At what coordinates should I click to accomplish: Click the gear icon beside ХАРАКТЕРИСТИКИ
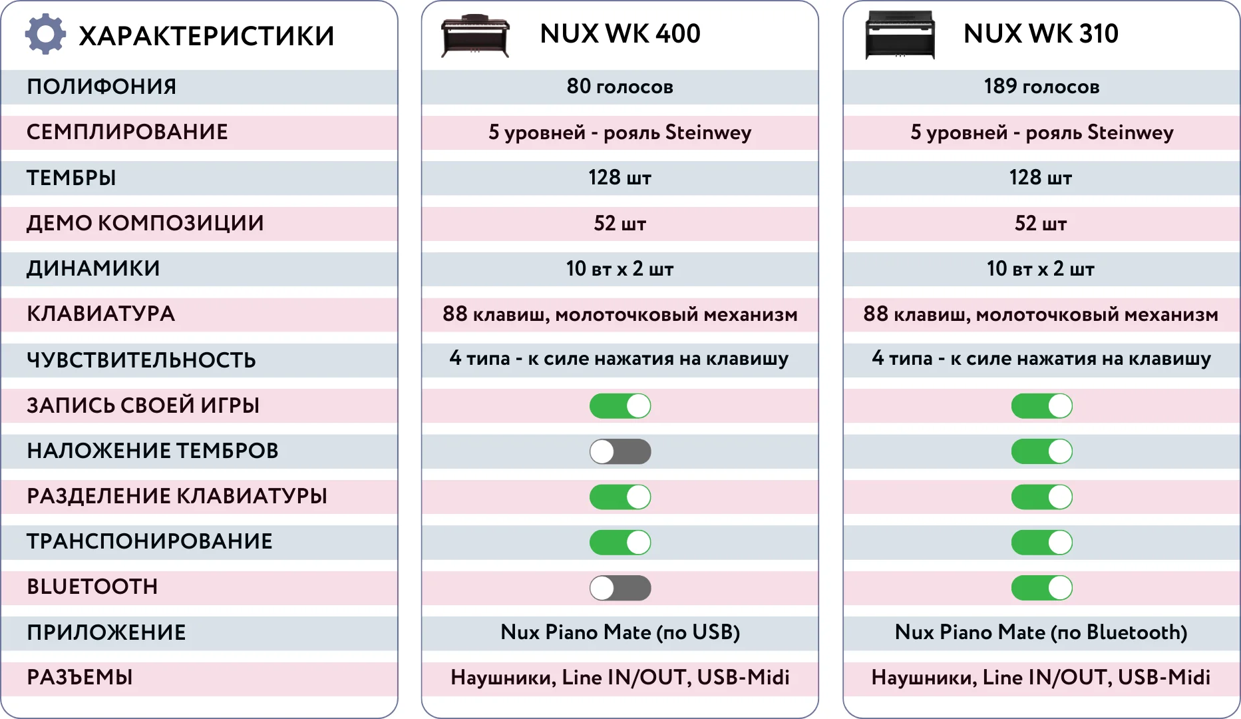45,34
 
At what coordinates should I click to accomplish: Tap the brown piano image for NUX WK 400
475,36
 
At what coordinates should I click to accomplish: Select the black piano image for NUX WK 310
900,35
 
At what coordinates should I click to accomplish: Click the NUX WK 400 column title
620,33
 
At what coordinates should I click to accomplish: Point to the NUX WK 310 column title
1041,33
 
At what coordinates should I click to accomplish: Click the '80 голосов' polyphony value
620,87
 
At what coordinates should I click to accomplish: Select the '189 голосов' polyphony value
1041,87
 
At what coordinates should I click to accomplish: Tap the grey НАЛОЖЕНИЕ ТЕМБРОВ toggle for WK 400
620,451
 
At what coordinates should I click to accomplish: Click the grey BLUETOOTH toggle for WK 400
620,588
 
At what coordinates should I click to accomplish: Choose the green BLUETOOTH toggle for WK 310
1041,588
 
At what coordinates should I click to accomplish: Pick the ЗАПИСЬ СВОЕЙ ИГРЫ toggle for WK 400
620,406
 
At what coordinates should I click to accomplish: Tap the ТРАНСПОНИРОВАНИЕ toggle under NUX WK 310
1041,543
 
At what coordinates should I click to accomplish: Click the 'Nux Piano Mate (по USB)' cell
620,632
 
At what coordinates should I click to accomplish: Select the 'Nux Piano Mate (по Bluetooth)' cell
1041,632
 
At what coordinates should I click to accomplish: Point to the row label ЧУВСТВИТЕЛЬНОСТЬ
141,360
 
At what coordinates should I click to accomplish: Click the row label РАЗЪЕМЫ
80,678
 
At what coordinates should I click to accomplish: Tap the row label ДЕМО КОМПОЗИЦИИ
145,223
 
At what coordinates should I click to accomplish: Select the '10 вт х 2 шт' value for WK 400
620,269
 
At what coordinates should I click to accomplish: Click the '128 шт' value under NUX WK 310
1041,178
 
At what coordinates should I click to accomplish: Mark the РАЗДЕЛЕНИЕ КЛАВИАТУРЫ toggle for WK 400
620,497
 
